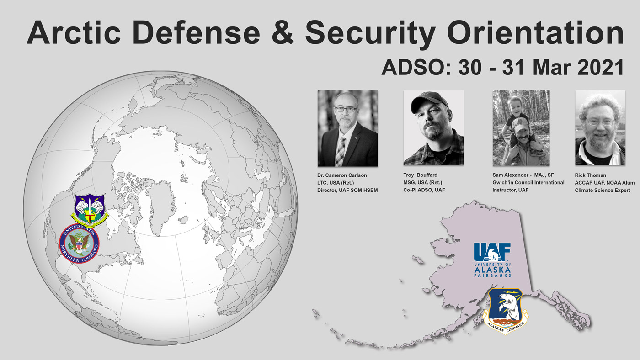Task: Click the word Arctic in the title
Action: [x=74, y=32]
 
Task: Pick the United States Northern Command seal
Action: [x=79, y=244]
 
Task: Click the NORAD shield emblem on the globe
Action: [x=90, y=209]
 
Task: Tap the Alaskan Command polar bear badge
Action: [x=505, y=311]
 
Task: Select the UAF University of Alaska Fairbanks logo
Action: [x=492, y=260]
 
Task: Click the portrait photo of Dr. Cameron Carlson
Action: [x=348, y=128]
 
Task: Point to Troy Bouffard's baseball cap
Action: [x=429, y=102]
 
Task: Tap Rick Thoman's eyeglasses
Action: [x=600, y=122]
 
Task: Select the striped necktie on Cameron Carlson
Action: [x=340, y=151]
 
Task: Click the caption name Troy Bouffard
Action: [x=420, y=175]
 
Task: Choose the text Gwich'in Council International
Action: [x=528, y=182]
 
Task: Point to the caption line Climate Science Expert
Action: [x=603, y=190]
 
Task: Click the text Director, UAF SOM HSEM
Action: [x=347, y=190]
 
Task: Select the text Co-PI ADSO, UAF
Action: [x=424, y=190]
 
